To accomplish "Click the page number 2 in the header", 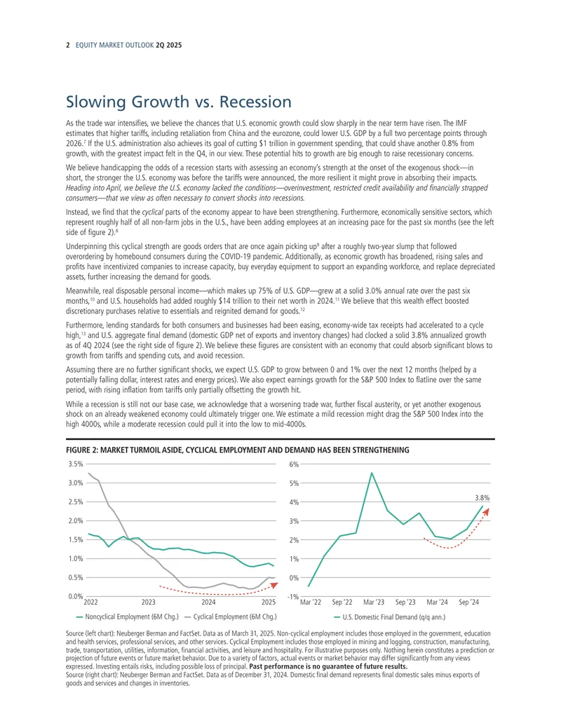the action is point(67,46).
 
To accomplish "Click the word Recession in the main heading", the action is point(255,102).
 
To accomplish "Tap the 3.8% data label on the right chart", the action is point(482,498).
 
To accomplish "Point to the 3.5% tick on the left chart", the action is point(76,464).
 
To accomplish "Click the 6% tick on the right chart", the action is point(293,464).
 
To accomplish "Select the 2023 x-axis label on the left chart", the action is point(148,602).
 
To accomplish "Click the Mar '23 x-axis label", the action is point(374,602).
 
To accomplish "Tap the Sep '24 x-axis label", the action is point(468,602).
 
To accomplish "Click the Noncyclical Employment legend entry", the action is point(127,617).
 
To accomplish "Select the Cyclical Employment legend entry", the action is point(230,617).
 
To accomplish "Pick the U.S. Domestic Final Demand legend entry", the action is point(389,617).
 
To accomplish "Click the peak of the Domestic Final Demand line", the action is point(372,473).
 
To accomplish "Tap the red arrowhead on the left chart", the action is point(274,585).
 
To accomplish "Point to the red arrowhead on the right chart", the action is point(485,511).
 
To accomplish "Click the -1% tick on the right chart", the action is point(292,597).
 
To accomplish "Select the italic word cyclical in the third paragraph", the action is point(153,212).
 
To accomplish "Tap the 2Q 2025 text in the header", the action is point(169,46).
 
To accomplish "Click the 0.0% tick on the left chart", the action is point(76,596).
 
